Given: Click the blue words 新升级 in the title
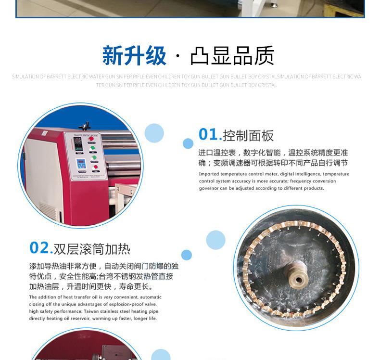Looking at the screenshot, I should pyautogui.click(x=134, y=56).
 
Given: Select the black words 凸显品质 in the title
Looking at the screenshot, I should pyautogui.click(x=232, y=56).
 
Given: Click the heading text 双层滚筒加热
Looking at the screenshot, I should pyautogui.click(x=92, y=249).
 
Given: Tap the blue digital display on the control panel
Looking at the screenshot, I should pyautogui.click(x=81, y=163).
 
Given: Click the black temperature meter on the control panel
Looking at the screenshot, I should pyautogui.click(x=79, y=149).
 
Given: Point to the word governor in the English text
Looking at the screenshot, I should pyautogui.click(x=210, y=188).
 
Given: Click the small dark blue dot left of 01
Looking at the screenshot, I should pyautogui.click(x=188, y=143).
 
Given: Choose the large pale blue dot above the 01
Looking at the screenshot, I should pyautogui.click(x=154, y=133).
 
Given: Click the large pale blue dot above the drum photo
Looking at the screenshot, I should pyautogui.click(x=215, y=240).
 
